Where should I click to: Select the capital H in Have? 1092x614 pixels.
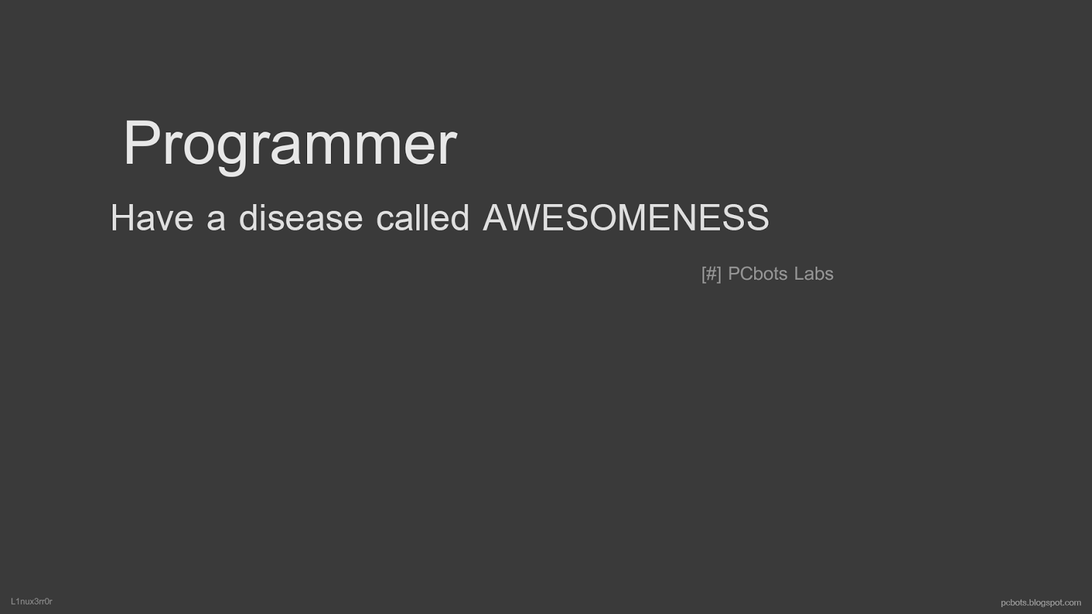122,218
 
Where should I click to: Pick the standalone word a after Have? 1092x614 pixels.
216,221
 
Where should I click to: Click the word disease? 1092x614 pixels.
301,218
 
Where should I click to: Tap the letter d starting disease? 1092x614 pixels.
248,218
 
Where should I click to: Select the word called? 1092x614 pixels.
422,218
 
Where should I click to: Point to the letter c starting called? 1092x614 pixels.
385,221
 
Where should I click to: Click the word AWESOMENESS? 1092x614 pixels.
626,218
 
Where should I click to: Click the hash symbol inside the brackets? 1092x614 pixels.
711,274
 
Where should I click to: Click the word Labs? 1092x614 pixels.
814,274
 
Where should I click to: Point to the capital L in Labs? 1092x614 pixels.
799,274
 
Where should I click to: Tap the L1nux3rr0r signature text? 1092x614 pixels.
31,601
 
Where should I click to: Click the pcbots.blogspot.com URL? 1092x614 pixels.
1041,603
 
